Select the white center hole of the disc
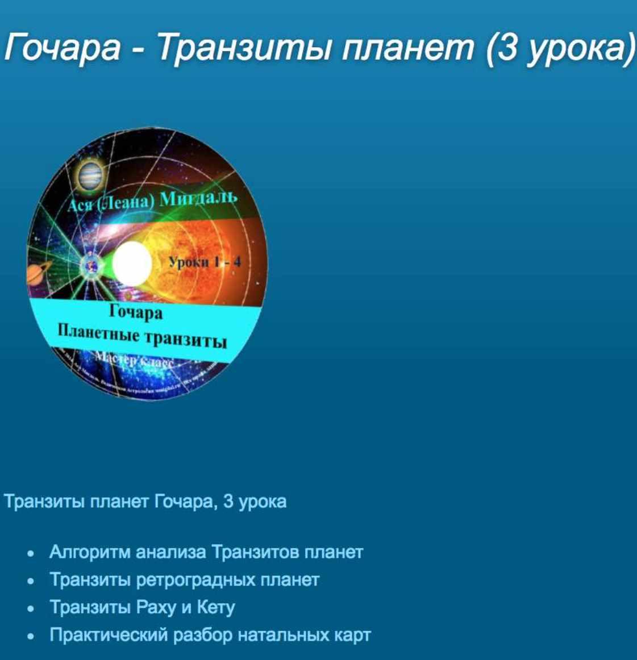(132, 264)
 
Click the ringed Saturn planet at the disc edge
(38, 274)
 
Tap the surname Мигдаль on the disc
(198, 199)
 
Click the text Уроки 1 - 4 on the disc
(204, 262)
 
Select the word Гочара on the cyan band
(136, 312)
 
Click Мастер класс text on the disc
(134, 359)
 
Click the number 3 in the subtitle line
(228, 502)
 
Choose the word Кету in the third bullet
(215, 607)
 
